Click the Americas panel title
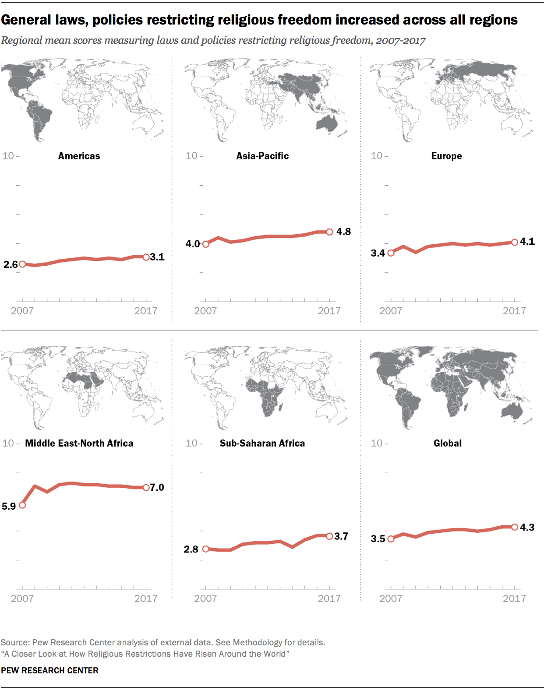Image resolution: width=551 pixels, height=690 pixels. point(79,156)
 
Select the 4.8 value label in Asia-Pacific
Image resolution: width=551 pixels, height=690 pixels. point(343,232)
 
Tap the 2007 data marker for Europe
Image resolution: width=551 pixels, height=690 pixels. point(391,253)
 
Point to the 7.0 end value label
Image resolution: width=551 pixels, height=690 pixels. point(157,487)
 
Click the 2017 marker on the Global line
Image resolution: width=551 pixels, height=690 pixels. point(515,527)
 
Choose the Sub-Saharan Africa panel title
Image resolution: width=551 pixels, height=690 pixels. point(262,443)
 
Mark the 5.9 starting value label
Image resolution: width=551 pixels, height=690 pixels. point(9,506)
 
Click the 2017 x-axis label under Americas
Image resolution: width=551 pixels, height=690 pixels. point(145,311)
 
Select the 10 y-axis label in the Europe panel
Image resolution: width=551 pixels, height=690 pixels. point(376,156)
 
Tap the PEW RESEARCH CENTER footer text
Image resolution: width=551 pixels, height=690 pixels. point(49,670)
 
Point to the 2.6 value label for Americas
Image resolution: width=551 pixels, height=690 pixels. point(11,264)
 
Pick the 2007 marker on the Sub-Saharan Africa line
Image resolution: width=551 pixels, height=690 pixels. point(205,549)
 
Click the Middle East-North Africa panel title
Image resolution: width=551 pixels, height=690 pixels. point(79,443)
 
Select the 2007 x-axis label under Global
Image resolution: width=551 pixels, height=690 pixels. point(390,598)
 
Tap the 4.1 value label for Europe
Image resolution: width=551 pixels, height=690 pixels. point(527,241)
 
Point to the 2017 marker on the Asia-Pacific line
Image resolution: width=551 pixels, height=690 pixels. point(329,232)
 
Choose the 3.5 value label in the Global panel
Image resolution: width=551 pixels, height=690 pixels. point(378,539)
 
